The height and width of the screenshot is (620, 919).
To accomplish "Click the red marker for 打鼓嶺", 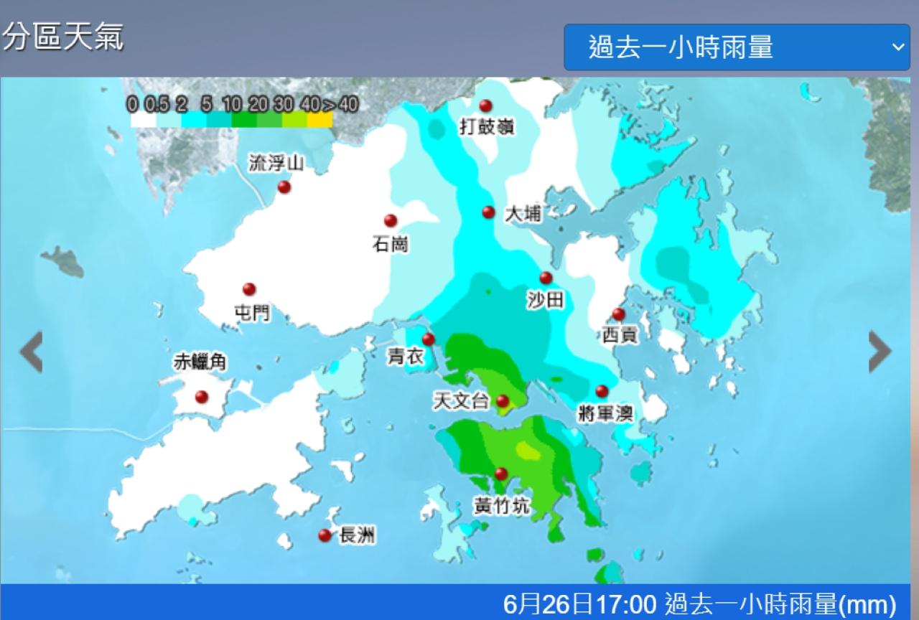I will point(486,106).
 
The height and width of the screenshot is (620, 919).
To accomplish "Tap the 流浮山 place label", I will point(276,164).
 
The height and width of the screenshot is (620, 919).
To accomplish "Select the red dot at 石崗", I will point(391,221).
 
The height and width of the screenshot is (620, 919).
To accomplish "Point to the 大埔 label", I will point(523,214).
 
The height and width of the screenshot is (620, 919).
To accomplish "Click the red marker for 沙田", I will point(546,278).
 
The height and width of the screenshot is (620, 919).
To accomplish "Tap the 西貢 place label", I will point(620,334).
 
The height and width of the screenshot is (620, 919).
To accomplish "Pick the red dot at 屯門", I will point(249,289).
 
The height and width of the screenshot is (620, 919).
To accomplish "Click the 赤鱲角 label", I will point(200,362).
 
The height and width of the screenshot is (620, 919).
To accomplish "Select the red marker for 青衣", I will point(429,339).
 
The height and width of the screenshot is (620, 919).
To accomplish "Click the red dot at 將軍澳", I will point(602,392).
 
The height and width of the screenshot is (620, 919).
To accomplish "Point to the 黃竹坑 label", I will point(501,506).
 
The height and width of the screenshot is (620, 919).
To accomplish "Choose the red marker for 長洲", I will point(325,535).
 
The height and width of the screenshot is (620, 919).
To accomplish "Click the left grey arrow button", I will point(31,352).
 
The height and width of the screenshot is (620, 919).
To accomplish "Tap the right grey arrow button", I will point(880,352).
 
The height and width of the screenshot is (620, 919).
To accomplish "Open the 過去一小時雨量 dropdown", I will point(737,47).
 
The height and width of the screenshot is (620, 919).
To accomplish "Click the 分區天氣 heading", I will point(63,37).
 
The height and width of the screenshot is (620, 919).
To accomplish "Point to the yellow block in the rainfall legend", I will point(320,120).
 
